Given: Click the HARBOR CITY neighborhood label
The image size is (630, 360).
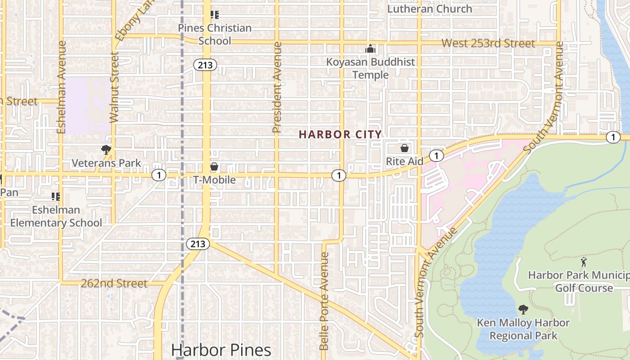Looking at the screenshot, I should point(340,134).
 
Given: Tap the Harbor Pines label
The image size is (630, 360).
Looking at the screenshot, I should point(221,350).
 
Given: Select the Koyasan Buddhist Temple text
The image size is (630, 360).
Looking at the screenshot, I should point(370,68).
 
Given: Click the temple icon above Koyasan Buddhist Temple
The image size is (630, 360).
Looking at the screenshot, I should point(370,49).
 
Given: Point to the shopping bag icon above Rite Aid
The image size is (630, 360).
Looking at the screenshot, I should point(405,148).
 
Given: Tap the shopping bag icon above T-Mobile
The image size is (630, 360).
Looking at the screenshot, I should point(214,167).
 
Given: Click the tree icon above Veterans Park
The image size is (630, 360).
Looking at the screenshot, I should point(106,150).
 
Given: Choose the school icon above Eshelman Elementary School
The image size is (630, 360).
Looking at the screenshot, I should point(56,197).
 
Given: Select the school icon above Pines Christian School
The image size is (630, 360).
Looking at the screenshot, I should point(215,15).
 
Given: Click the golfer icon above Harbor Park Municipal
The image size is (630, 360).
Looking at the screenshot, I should point(584,262).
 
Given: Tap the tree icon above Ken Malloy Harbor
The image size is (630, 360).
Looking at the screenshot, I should point(523,310).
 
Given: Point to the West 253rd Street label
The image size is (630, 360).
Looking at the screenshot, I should point(488,43).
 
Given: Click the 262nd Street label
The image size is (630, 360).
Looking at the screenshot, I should point(114,283).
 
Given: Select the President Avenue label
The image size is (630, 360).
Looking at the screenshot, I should point(277,87).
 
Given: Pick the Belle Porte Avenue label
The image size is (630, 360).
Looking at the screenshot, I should point(324,301).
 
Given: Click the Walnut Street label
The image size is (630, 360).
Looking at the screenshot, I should point(114,87).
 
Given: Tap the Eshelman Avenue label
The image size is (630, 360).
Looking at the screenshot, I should point(62,87).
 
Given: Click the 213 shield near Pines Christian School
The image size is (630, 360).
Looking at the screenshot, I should point(205,65).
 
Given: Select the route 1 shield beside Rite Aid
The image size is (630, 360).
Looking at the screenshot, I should point(436,156).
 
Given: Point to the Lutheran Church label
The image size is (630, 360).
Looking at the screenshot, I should point(430,9).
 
